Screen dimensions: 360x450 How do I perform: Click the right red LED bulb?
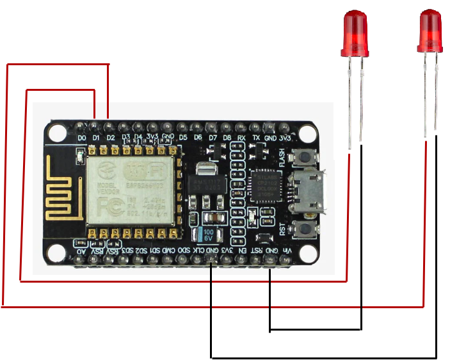coord(430,32)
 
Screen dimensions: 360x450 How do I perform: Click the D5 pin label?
coord(183,137)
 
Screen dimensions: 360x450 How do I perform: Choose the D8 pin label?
coord(227,137)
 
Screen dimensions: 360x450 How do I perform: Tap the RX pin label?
coord(241,137)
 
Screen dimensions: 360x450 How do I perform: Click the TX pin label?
coord(256,137)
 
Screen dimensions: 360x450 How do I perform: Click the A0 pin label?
coord(81,251)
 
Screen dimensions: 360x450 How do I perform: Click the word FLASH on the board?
coord(282,155)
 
